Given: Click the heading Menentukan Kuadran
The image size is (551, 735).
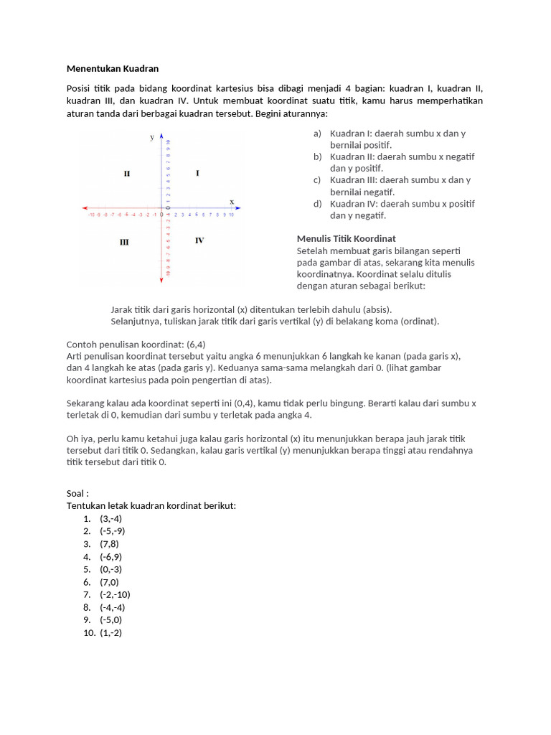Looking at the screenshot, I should (113, 69).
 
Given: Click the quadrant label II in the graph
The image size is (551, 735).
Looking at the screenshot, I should (127, 174).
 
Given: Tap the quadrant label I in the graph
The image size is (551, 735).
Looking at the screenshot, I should (197, 174).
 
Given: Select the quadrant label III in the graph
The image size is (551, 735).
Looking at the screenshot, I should (124, 242).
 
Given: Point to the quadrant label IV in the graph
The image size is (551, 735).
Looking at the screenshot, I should (199, 240).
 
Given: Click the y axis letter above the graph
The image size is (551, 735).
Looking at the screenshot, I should (151, 136).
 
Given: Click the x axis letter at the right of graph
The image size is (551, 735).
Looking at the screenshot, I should (231, 202).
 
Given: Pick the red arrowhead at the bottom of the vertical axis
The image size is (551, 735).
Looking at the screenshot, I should (161, 282).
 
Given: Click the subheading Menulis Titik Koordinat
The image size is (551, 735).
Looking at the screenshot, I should (346, 238).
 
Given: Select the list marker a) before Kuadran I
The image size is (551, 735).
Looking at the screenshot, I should (317, 134).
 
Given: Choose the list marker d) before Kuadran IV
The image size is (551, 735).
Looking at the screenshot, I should (317, 204).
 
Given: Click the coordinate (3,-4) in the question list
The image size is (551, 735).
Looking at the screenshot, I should (111, 518).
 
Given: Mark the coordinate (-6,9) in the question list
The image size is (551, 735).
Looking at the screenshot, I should (111, 556).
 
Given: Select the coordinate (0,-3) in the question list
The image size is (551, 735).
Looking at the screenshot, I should (111, 569).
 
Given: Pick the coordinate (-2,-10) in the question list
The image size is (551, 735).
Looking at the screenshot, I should (115, 594).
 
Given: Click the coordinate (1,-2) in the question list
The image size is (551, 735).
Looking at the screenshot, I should (111, 632).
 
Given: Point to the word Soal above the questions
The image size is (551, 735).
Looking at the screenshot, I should (77, 493).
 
